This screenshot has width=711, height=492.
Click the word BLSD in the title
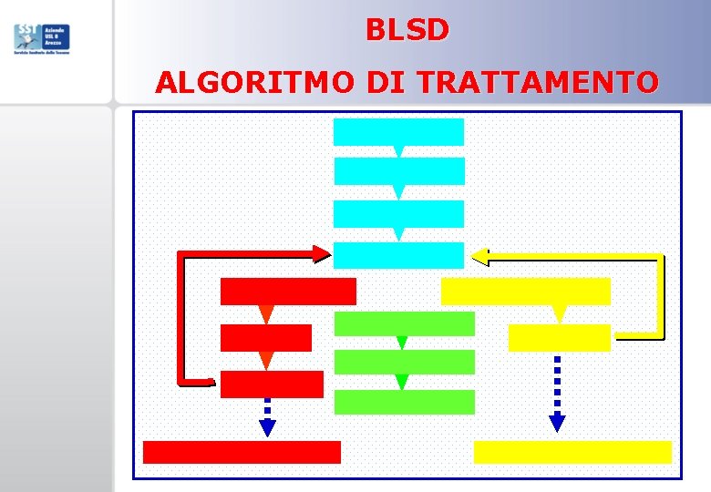pos(407,31)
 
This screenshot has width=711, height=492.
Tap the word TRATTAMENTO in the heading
pos(538,83)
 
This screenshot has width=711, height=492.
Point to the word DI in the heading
pos(387,83)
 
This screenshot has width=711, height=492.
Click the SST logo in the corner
pos(41,38)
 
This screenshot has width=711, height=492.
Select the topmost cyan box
pos(398,131)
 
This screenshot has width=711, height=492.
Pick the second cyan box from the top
pos(398,171)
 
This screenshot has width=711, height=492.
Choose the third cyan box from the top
pos(398,213)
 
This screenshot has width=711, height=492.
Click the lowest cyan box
pos(398,255)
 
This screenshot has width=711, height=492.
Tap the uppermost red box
pos(288,291)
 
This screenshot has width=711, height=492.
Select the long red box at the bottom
pos(242,452)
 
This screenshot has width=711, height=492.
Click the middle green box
pos(405,362)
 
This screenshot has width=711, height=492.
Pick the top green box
pos(405,323)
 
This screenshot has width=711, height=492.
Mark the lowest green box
pos(405,402)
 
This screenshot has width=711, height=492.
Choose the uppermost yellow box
pos(525,292)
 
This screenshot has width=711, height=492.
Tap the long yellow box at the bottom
pos(572,452)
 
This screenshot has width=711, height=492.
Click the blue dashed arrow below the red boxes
pos(267,418)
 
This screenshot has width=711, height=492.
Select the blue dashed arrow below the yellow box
pos(558,394)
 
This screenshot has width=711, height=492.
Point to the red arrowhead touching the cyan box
pos(322,254)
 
